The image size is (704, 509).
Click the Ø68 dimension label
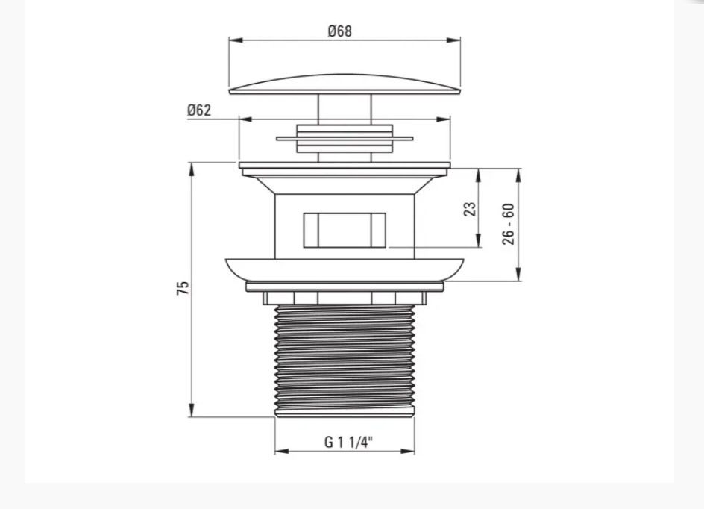pyautogui.click(x=340, y=31)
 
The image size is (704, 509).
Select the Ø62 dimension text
pyautogui.click(x=199, y=110)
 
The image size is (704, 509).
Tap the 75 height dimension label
pyautogui.click(x=183, y=288)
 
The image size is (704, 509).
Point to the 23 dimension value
pyautogui.click(x=470, y=210)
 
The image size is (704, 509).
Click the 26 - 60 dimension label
pyautogui.click(x=509, y=224)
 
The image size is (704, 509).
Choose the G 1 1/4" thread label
pyautogui.click(x=348, y=443)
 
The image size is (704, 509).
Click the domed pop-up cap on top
pyautogui.click(x=345, y=84)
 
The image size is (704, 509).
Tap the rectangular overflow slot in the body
pyautogui.click(x=345, y=230)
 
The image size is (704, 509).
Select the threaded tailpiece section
pyautogui.click(x=345, y=360)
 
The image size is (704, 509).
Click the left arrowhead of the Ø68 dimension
pyautogui.click(x=235, y=40)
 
